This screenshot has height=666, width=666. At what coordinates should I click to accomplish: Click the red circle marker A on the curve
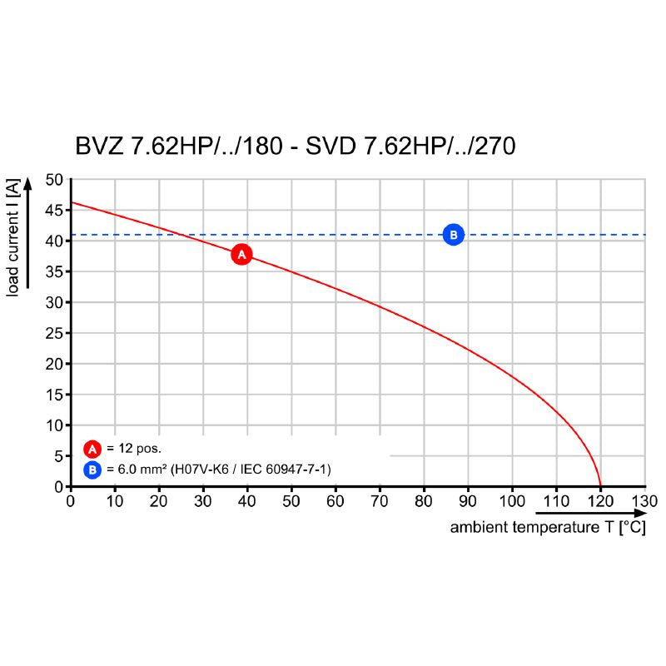pos(241,255)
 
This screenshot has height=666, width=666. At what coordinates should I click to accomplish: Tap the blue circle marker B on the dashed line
pos(453,235)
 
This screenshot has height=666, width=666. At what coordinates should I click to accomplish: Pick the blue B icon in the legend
pos(92,470)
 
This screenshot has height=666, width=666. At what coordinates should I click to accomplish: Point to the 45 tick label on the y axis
pos(53,211)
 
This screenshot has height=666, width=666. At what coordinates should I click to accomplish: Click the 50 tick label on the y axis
pos(53,180)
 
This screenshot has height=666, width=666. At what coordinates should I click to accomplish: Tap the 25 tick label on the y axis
pos(53,333)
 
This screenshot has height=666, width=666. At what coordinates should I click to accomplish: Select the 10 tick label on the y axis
pos(53,425)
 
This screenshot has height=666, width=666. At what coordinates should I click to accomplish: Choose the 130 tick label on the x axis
pos(644,501)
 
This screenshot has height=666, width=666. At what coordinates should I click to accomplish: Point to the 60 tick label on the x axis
pos(335,501)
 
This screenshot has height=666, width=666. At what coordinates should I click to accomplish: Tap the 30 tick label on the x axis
pos(203,501)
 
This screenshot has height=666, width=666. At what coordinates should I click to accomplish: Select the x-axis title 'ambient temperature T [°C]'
pos(548,528)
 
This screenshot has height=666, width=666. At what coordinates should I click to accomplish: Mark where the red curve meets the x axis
pos(600,486)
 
